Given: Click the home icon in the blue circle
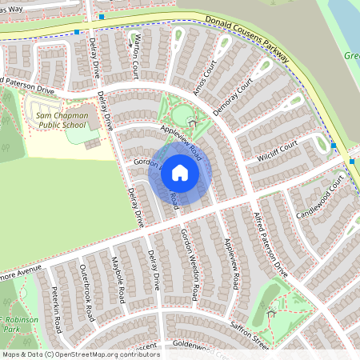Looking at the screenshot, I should pos(180,172).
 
